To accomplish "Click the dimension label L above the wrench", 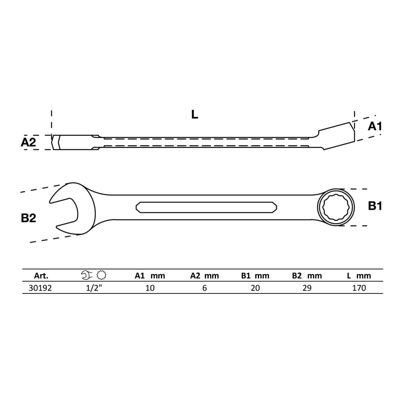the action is [195, 114].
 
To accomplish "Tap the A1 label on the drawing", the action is [375, 126].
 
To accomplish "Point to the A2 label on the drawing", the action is [28, 142].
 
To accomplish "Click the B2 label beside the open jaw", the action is [28, 218].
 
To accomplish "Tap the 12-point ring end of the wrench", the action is [336, 207].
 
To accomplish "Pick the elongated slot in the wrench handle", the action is [206, 207].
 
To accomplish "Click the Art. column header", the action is [41, 276].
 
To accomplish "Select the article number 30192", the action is [40, 288].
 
